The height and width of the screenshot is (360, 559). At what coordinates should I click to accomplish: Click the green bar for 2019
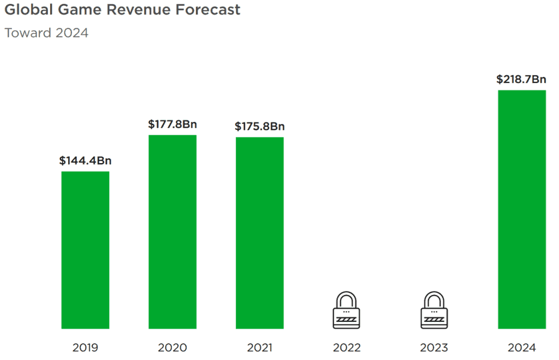85,250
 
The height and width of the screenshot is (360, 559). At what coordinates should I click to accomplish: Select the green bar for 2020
173,232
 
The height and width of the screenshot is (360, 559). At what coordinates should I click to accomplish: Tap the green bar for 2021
259,233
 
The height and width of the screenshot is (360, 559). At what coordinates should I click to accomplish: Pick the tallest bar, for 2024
522,209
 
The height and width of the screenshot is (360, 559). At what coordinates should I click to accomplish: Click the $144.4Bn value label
85,160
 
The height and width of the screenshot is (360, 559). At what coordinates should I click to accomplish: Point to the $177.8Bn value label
173,124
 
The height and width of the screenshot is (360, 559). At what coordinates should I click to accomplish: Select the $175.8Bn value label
259,127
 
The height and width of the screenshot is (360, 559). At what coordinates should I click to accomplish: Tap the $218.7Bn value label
521,79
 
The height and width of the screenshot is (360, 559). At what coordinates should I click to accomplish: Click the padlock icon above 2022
347,310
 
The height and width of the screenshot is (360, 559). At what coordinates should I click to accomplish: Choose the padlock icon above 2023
434,310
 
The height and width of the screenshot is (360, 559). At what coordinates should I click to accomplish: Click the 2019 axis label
85,347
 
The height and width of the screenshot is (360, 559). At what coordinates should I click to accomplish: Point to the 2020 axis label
173,347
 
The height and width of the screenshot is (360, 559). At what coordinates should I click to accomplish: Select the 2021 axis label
259,347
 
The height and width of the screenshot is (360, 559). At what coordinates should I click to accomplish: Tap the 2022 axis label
347,347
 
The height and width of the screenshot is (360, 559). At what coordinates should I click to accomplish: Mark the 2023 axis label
434,347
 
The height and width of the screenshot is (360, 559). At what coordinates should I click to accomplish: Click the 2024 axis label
522,347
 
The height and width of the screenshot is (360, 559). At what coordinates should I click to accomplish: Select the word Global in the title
29,10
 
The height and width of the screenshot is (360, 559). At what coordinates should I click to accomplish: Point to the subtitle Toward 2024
46,33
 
